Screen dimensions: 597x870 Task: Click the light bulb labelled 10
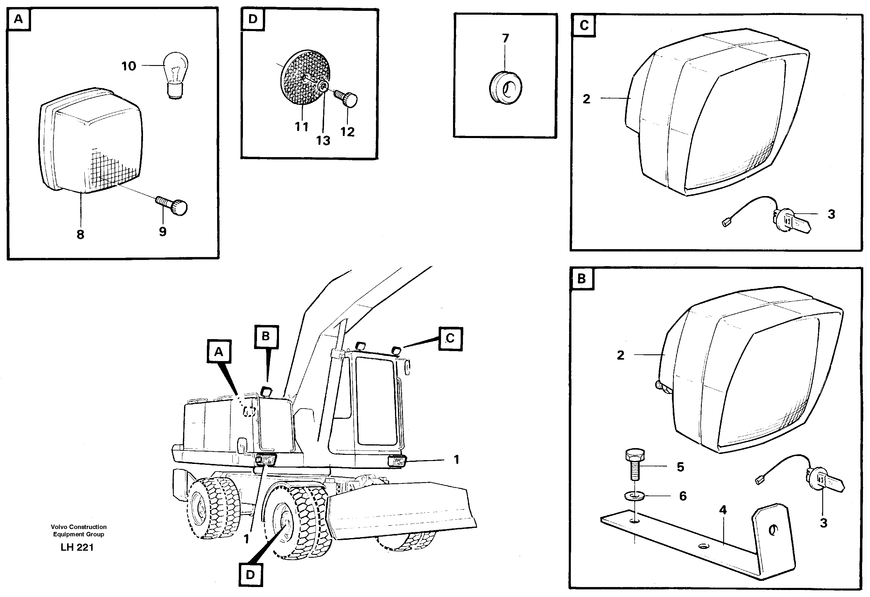(174, 75)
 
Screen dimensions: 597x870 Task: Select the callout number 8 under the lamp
(80, 235)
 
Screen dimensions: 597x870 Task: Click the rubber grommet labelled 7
(506, 89)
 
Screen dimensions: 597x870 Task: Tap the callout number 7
(505, 38)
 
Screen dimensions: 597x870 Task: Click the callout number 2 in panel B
(620, 355)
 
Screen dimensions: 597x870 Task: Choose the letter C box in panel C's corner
(584, 25)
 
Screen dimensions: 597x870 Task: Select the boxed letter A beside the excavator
(219, 352)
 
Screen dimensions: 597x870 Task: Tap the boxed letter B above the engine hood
(266, 336)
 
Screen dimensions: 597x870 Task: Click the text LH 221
(77, 547)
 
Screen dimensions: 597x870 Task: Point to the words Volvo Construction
(79, 527)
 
